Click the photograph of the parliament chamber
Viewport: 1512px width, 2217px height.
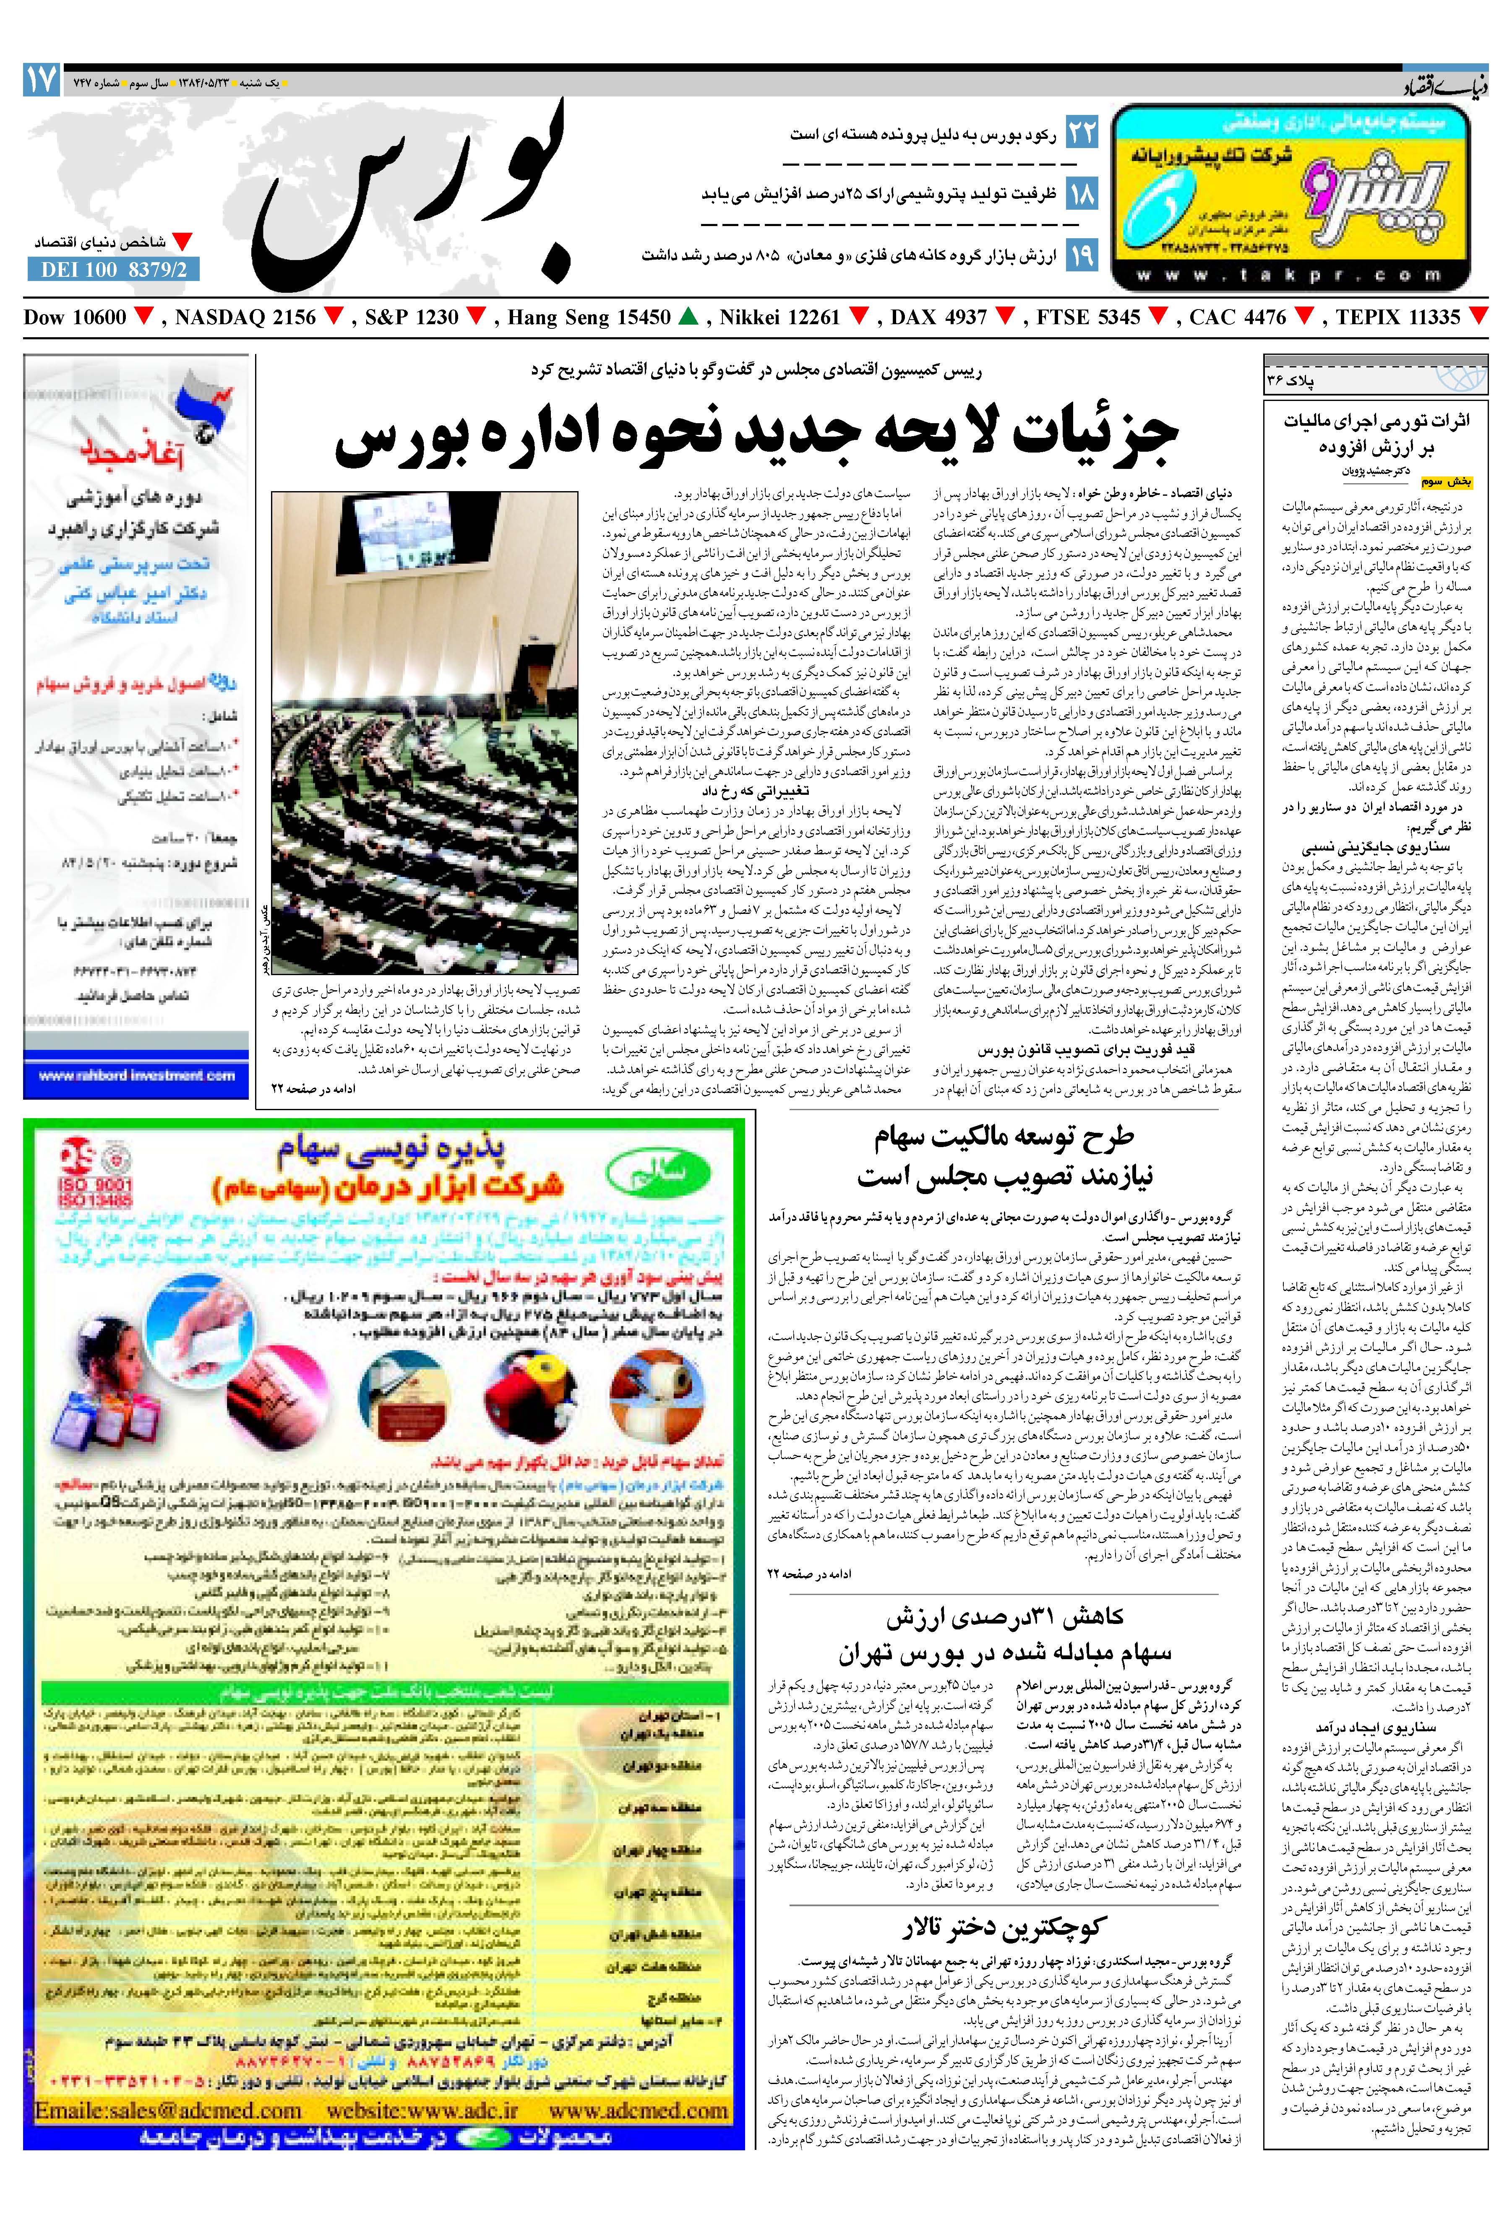click(x=425, y=732)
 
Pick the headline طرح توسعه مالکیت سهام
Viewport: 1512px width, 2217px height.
click(x=1004, y=1136)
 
